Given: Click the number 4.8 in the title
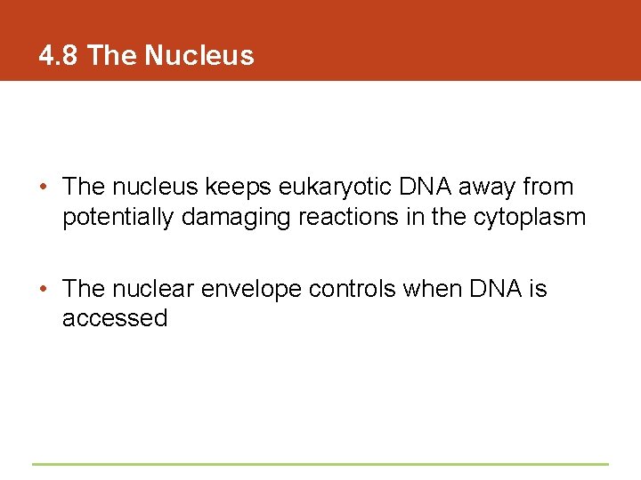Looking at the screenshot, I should point(59,56).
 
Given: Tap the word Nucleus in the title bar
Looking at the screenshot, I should point(199,56).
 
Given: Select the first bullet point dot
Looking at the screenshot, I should point(44,188).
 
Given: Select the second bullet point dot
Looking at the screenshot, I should point(44,290).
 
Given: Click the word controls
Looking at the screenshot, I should point(353,289).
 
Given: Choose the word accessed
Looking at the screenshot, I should point(115,318).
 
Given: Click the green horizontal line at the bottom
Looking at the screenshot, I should point(320,464).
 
